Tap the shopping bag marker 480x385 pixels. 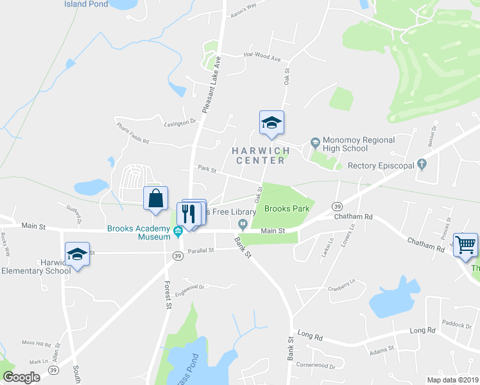coord(156,198)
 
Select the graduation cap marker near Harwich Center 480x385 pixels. coord(271,123)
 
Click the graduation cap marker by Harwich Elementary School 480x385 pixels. coord(77,255)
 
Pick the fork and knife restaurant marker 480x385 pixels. coord(189,213)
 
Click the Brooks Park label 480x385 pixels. coord(287,209)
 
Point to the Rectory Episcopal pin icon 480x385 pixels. coord(422,165)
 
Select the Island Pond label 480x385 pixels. coord(86,4)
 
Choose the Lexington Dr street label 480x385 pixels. coord(179,122)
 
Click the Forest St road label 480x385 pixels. coord(167,296)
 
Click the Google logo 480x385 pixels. coord(21,377)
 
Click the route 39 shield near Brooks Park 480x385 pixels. coord(336,206)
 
